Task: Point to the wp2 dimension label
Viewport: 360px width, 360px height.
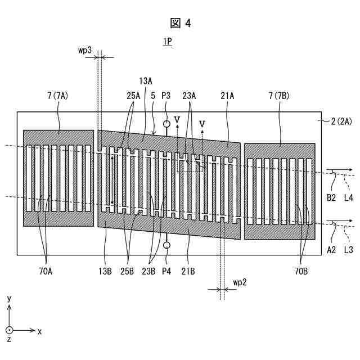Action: tap(240, 282)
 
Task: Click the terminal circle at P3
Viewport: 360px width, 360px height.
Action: tap(166, 124)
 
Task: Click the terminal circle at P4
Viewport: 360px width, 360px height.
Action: tap(166, 245)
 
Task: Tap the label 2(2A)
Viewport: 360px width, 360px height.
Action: tap(341, 120)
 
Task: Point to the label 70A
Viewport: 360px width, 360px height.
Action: tap(46, 271)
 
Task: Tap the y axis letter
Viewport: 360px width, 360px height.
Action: tap(10, 299)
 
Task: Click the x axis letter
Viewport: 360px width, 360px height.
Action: tap(39, 331)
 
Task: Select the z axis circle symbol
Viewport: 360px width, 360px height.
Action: tap(9, 331)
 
